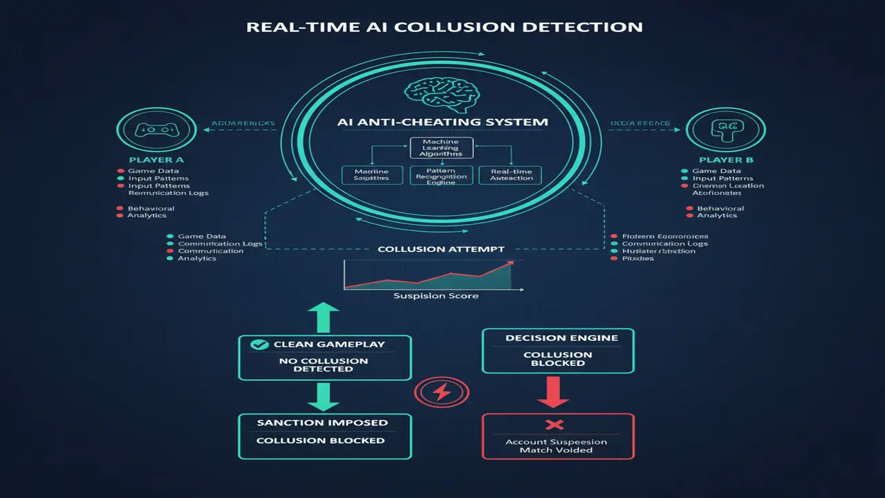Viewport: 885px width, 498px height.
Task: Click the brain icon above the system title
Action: (440, 95)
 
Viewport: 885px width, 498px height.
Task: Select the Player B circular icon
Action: (716, 129)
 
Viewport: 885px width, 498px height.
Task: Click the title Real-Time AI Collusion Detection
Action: (444, 28)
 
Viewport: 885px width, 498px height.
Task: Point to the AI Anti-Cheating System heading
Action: (442, 122)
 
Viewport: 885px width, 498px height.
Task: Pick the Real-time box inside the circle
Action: (511, 174)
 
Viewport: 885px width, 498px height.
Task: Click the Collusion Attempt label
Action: (441, 249)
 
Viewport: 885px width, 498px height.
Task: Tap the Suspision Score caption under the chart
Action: (436, 296)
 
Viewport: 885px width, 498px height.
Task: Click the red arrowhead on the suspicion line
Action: (510, 263)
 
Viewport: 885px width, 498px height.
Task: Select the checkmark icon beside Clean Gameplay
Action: (259, 344)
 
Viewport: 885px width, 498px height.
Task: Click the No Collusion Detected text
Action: (324, 365)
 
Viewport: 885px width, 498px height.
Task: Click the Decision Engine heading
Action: (557, 338)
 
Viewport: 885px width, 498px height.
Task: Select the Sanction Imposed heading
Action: (322, 423)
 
